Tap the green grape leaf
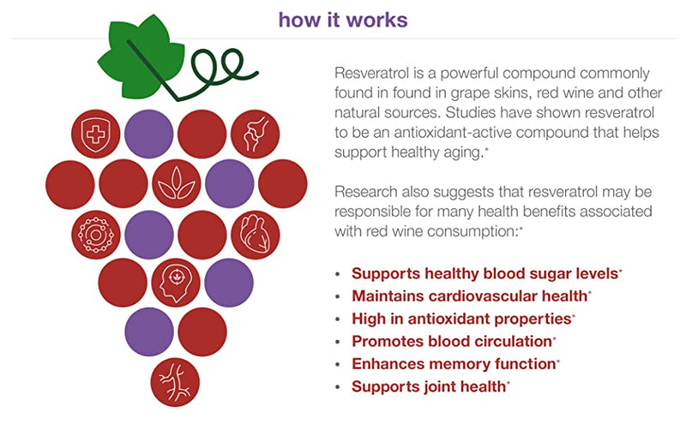pyautogui.click(x=137, y=57)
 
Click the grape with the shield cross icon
pyautogui.click(x=95, y=134)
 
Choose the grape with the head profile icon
pyautogui.click(x=176, y=282)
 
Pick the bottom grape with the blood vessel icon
pyautogui.click(x=176, y=381)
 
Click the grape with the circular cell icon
pyautogui.click(x=95, y=233)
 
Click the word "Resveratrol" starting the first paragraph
pyautogui.click(x=371, y=74)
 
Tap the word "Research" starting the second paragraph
pyautogui.click(x=367, y=189)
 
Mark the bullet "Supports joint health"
pyautogui.click(x=428, y=386)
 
